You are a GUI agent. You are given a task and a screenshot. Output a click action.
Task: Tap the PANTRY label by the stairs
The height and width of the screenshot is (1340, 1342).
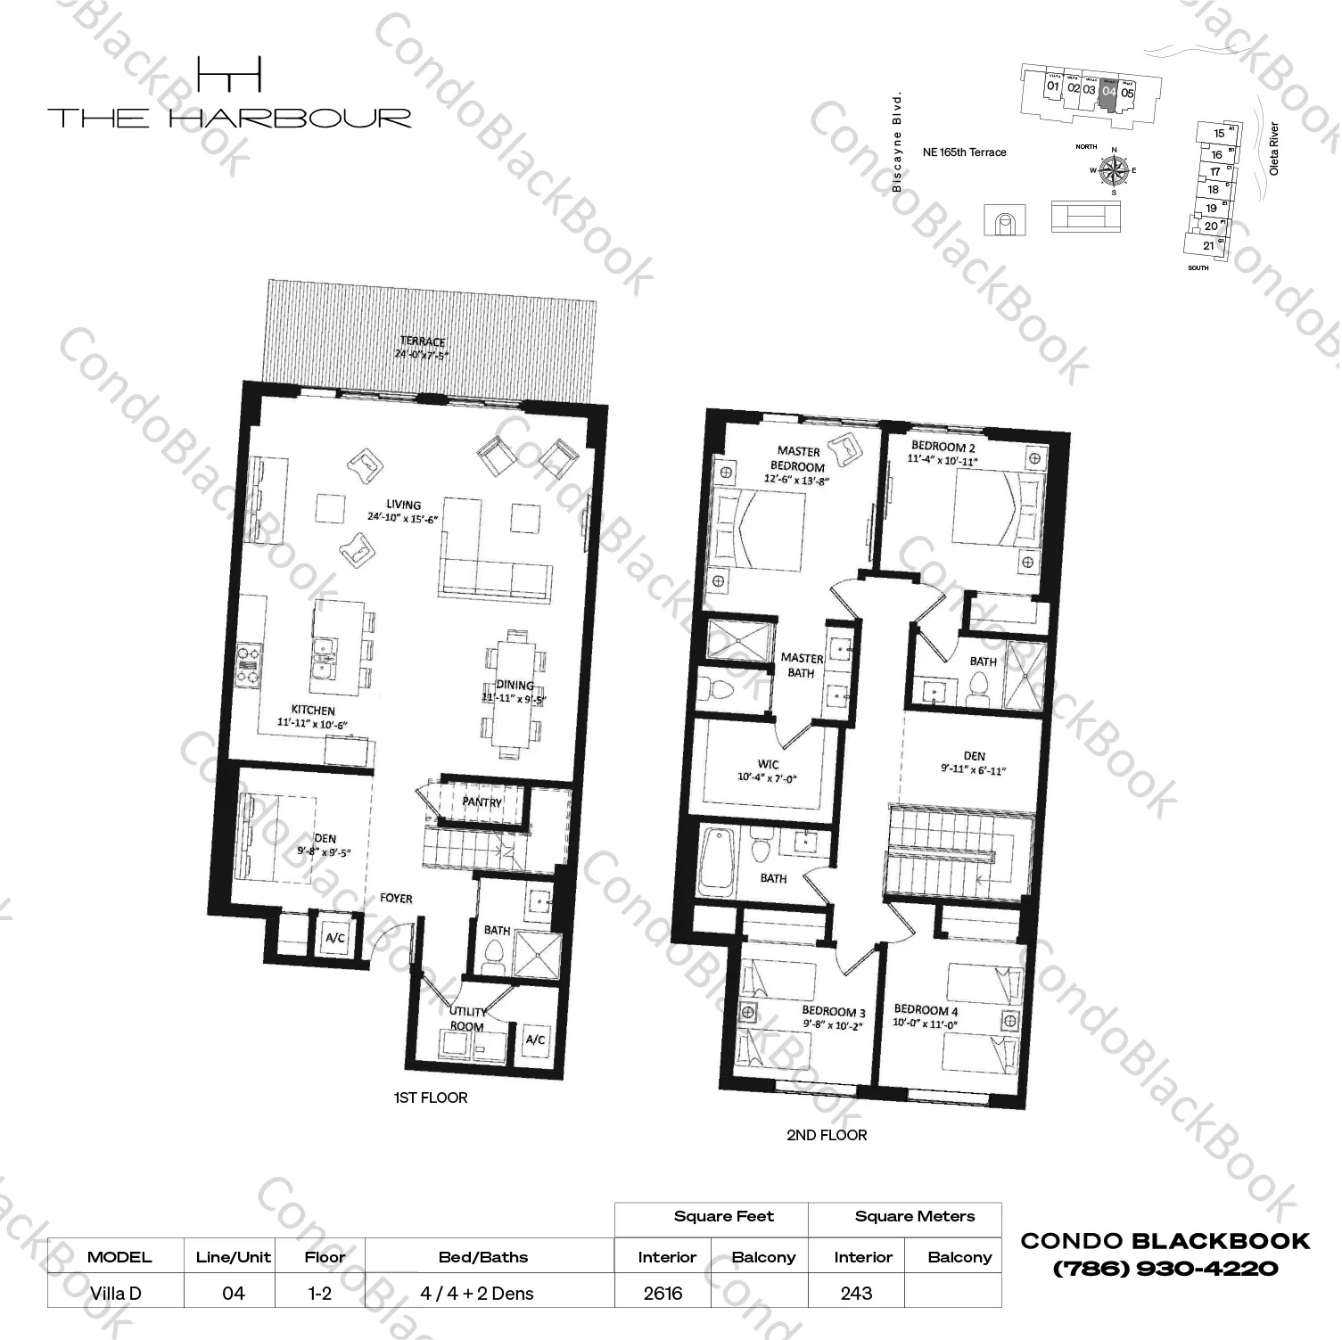[482, 802]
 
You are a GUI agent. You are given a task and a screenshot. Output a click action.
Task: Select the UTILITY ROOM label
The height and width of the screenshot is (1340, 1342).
[467, 1018]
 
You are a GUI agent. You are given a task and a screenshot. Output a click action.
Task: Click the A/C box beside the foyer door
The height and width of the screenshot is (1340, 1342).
[335, 938]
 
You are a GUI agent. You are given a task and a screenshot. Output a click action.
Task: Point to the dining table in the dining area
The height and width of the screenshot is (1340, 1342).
[513, 694]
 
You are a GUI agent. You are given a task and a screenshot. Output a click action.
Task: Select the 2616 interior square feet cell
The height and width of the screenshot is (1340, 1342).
[663, 1293]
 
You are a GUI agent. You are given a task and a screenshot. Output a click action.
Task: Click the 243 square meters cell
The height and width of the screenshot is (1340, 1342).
[856, 1293]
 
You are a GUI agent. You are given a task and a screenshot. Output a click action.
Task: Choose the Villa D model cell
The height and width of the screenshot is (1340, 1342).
[116, 1293]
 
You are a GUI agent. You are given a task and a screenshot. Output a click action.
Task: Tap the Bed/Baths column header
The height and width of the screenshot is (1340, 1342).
[483, 1257]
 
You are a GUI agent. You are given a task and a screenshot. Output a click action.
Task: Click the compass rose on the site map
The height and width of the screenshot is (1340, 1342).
[1113, 169]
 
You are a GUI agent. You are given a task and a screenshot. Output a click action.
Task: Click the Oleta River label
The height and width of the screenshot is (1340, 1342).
[1273, 148]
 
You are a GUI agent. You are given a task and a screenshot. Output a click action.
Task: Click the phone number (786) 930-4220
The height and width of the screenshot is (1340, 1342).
[1165, 1268]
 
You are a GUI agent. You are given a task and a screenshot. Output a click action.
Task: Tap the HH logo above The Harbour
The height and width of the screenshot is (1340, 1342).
[229, 74]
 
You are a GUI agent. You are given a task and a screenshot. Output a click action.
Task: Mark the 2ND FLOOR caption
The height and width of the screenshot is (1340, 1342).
[826, 1135]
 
